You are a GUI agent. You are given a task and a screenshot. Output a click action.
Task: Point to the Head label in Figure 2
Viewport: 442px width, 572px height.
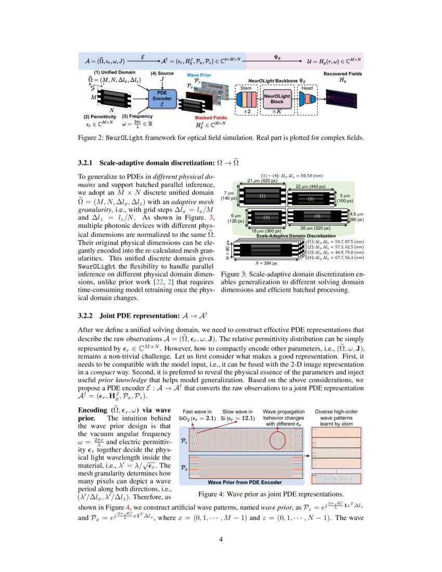(x=307, y=88)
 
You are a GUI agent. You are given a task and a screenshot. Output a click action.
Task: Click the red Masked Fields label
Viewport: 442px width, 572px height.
(x=207, y=118)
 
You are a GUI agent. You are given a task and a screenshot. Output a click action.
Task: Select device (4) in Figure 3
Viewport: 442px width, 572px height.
(x=317, y=215)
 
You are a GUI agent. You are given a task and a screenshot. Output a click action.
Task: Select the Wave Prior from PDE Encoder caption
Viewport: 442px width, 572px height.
(x=244, y=482)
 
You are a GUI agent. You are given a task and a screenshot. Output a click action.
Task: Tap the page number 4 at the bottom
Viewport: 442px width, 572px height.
(x=221, y=539)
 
